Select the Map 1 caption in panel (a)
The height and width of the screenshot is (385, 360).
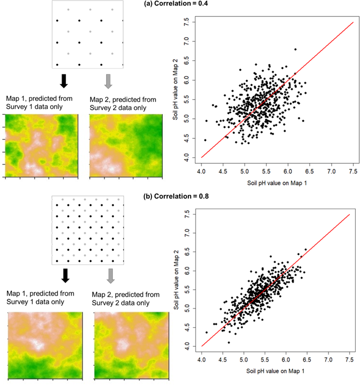tap(33, 102)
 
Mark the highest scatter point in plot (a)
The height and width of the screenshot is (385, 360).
tap(295, 50)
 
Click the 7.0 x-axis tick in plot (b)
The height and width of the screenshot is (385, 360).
tap(328, 361)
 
